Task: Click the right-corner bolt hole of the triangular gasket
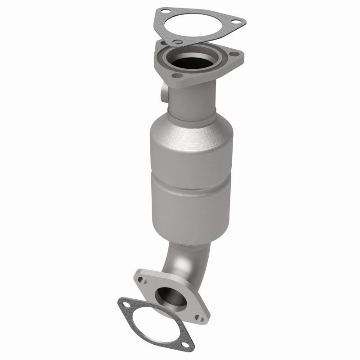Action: [238, 22]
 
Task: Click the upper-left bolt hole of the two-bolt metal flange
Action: [142, 280]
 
